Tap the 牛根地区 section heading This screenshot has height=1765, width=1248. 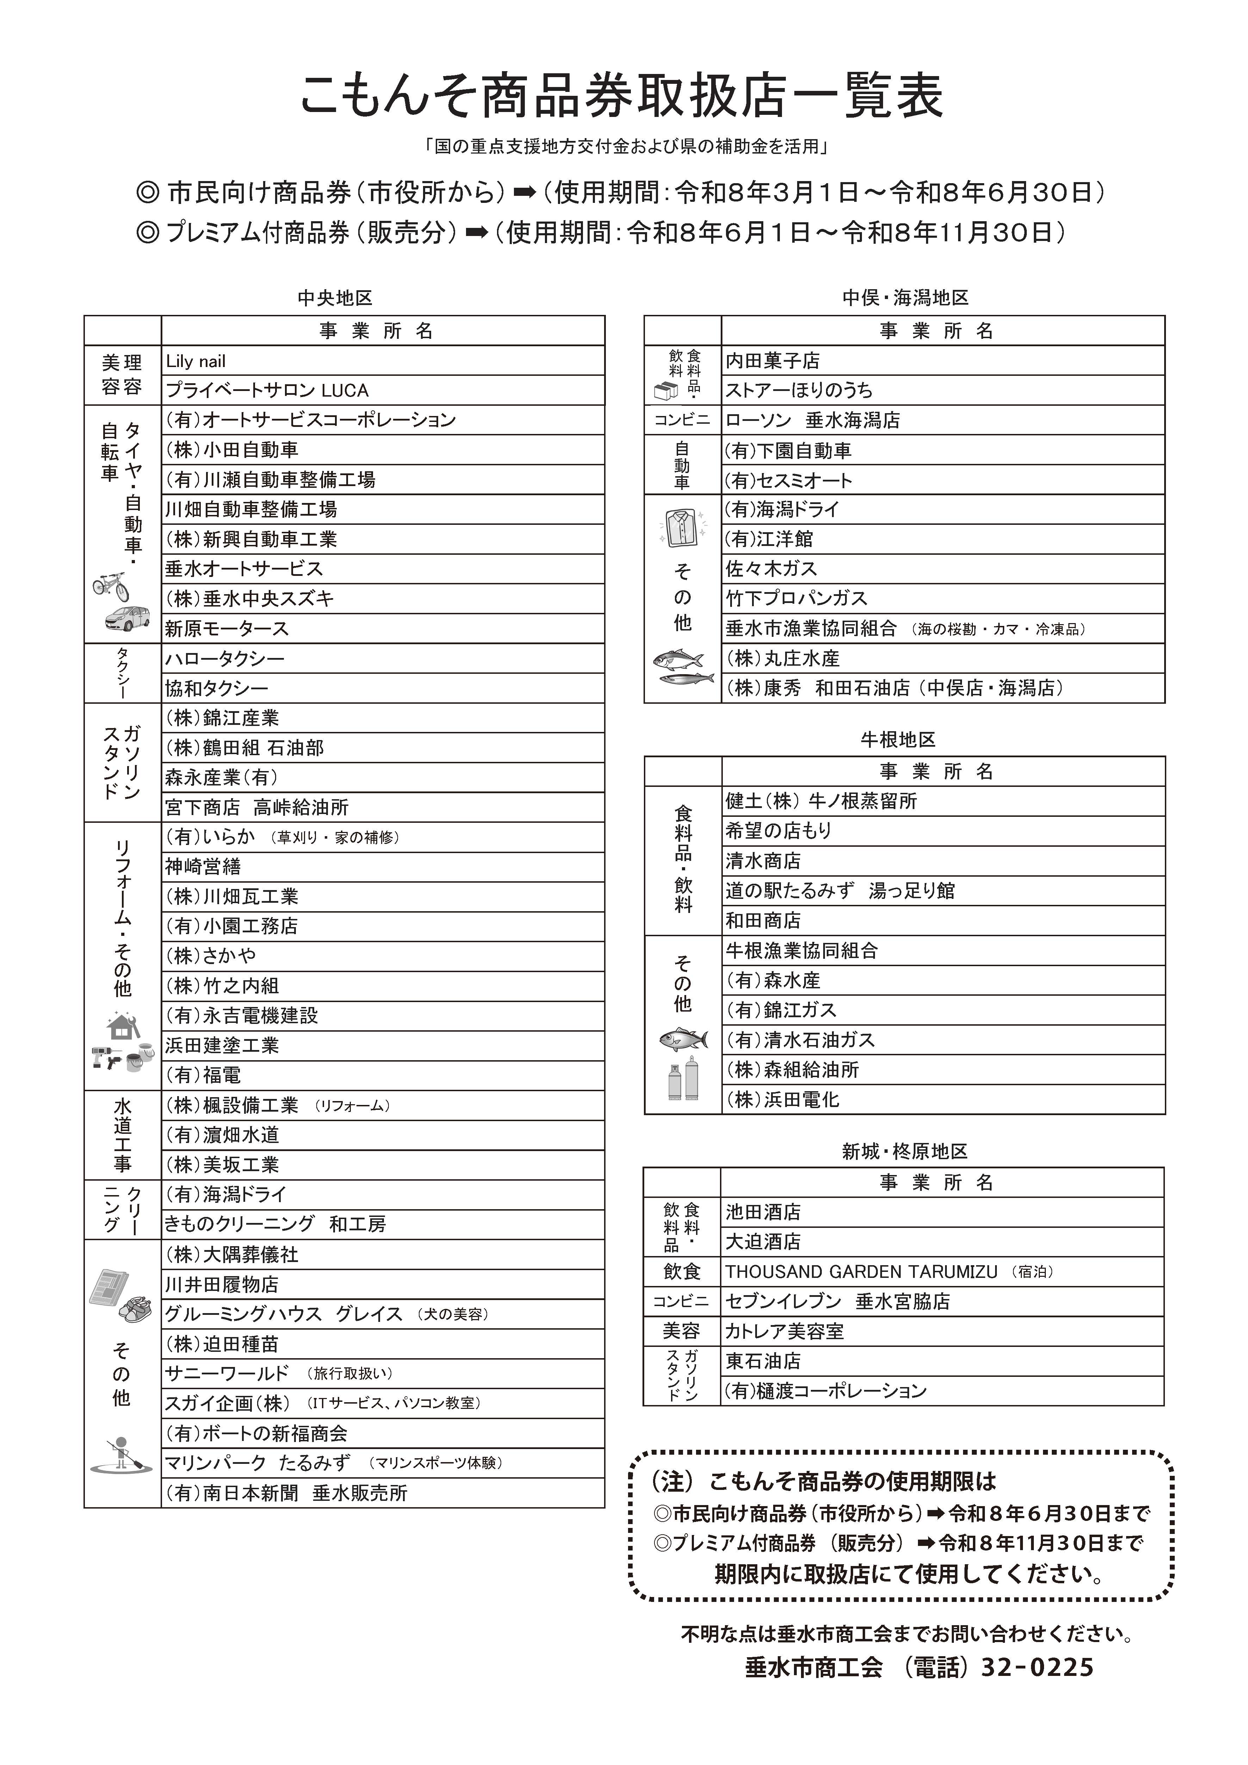898,740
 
